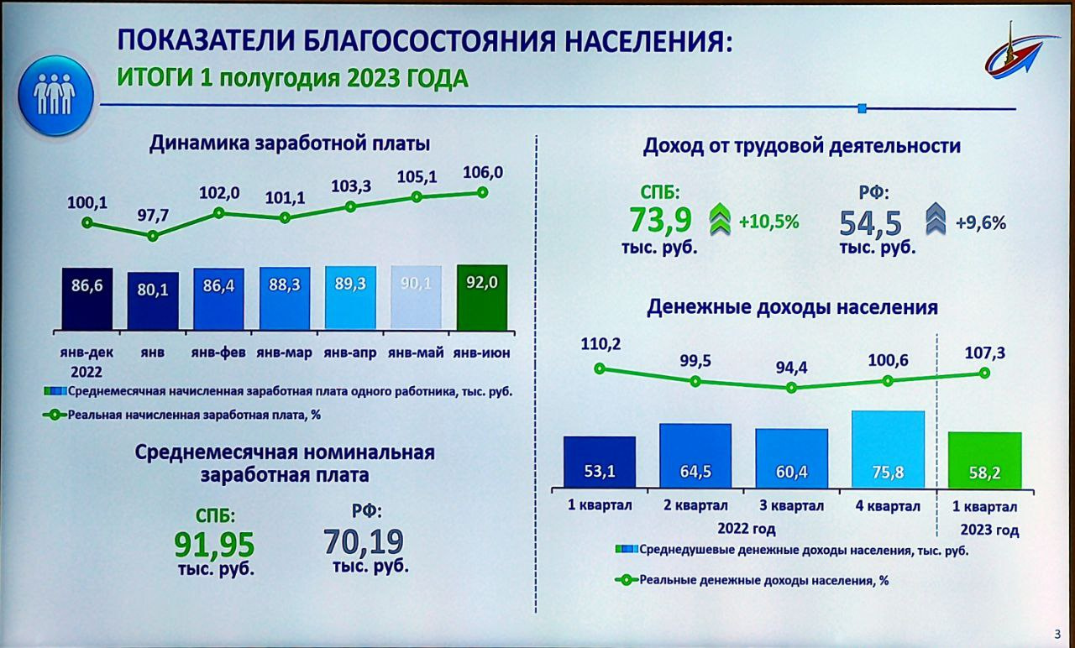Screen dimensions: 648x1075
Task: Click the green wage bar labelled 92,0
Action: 482,297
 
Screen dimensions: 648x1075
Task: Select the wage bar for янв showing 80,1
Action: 153,300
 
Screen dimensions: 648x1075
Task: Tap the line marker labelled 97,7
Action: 153,236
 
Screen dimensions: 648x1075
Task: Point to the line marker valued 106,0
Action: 483,191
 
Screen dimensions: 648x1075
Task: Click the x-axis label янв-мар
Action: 284,353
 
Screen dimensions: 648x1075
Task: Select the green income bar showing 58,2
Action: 985,460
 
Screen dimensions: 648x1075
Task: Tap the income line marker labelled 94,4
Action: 791,388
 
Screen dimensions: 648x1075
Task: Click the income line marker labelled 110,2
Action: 599,368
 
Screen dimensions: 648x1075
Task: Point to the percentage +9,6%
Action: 980,223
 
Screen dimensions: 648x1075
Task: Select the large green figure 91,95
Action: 214,544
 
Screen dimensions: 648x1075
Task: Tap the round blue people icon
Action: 55,94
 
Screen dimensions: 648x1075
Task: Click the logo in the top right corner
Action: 1017,55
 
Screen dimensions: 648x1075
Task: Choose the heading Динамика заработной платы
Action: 290,144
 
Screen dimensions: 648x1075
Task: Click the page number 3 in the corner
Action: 1057,634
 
